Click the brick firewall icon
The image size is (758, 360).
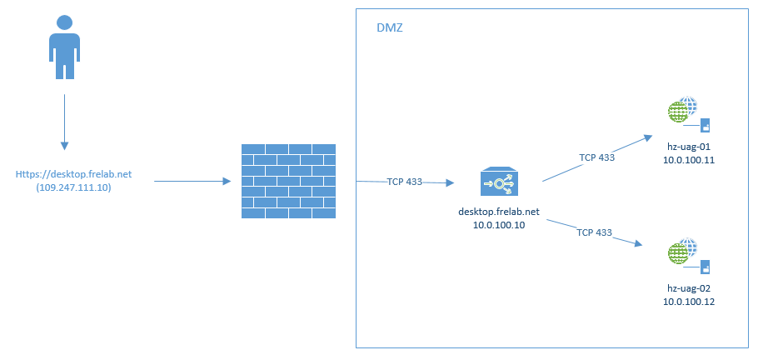point(287,181)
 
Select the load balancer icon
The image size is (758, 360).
point(499,182)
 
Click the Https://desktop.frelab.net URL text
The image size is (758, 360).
point(73,175)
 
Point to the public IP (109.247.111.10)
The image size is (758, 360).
point(73,188)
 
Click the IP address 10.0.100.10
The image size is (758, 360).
point(499,225)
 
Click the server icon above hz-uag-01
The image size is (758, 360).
point(689,115)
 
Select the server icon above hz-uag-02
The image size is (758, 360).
point(689,256)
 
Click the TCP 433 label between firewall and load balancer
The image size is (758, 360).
point(404,182)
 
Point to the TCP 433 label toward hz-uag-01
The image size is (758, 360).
point(596,156)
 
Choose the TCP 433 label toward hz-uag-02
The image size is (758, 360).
point(595,232)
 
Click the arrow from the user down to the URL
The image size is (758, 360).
point(64,121)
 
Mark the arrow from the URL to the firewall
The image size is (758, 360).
point(192,181)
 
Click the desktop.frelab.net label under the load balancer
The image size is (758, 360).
point(499,212)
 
